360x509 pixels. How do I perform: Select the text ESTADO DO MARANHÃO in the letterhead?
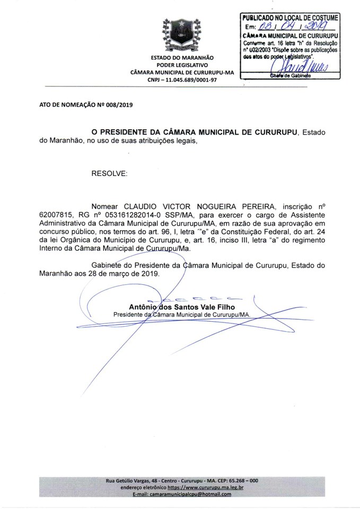click(182, 57)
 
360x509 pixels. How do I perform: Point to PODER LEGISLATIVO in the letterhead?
click(182, 65)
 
